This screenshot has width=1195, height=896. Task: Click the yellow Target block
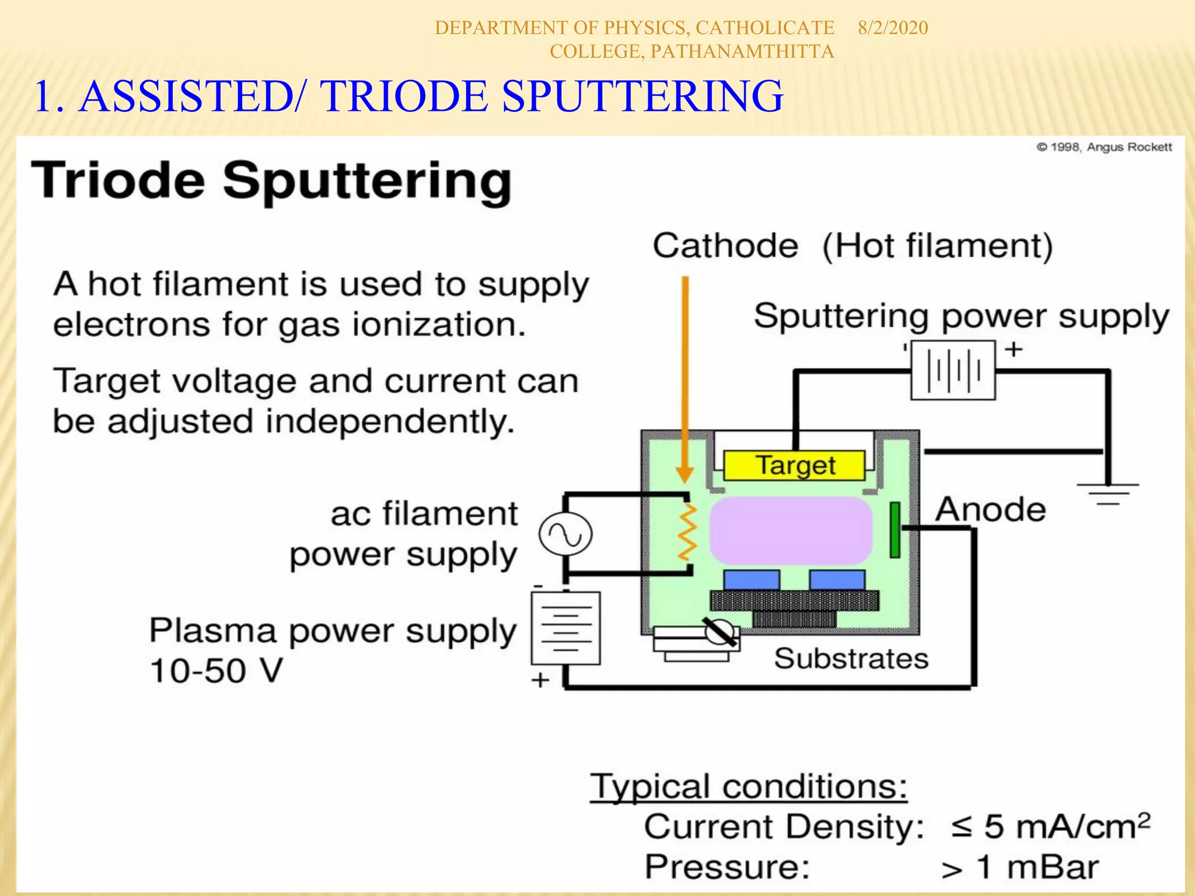794,466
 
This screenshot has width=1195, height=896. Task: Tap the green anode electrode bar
894,530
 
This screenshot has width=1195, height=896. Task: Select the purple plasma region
791,530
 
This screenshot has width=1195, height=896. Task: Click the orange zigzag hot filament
688,532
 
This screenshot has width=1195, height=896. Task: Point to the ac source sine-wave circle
565,534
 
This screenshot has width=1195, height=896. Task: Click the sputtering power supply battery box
953,370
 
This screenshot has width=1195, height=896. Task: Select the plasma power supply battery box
565,628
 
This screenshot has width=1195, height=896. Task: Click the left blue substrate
751,580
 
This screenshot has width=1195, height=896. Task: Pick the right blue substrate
837,580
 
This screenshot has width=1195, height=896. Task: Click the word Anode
991,509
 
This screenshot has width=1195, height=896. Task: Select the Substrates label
851,659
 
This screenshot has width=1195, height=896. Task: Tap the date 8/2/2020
893,28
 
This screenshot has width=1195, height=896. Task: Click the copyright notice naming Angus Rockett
1104,147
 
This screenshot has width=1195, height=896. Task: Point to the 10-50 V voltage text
216,670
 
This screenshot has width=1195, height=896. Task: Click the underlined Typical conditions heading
749,786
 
